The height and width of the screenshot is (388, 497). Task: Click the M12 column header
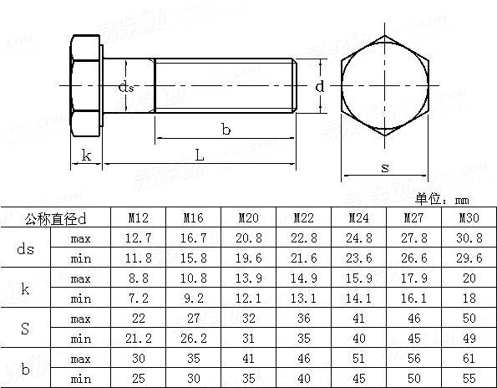[x=139, y=219]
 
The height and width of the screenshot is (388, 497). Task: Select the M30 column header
[x=469, y=219]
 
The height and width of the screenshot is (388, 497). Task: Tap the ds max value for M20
[x=248, y=239]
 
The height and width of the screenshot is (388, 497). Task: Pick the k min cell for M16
[x=194, y=299]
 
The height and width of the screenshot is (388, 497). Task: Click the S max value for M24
[x=359, y=319]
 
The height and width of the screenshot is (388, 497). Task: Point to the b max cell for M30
[x=469, y=358]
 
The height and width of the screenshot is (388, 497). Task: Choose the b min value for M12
[x=139, y=378]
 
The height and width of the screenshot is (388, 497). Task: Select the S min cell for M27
[x=414, y=338]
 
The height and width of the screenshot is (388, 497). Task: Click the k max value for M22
[x=304, y=278]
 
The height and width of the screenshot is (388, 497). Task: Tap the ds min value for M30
[x=469, y=258]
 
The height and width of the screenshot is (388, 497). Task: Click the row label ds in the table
[x=26, y=248]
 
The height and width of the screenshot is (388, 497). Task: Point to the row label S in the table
[x=26, y=328]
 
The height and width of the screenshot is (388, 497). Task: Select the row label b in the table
[x=26, y=368]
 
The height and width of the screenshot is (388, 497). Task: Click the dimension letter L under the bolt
[x=199, y=154]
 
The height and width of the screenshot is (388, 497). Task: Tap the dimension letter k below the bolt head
[x=86, y=155]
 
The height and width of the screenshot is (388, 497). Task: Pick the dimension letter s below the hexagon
[x=384, y=167]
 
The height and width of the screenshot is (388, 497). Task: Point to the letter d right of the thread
[x=319, y=85]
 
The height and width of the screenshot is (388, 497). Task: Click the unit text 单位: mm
[x=442, y=200]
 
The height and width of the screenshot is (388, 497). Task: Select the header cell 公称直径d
[x=56, y=219]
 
